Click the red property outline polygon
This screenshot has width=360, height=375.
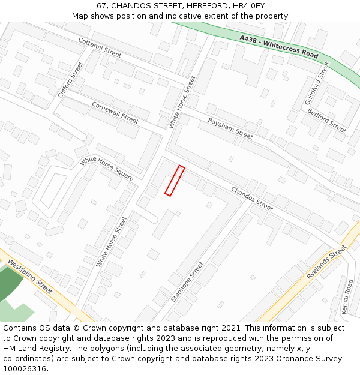[175, 181]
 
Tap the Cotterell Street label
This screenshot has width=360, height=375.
[100, 47]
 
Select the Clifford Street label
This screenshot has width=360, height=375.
[71, 80]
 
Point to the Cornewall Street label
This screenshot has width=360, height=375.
[115, 113]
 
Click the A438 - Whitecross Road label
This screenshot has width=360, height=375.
[279, 46]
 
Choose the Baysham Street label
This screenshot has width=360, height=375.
[230, 128]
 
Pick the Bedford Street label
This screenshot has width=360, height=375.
[327, 121]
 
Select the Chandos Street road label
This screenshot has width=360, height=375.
[252, 199]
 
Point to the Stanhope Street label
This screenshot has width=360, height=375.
[187, 281]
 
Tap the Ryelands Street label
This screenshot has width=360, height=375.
[327, 262]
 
